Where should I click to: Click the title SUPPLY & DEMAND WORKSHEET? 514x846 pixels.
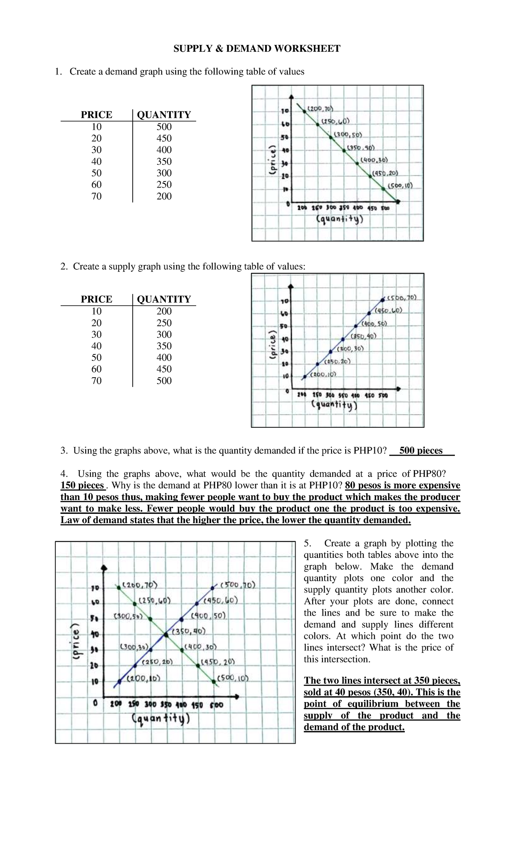point(257,48)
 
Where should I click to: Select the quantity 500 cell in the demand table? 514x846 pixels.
point(164,127)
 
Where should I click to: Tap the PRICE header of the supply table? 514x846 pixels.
point(96,299)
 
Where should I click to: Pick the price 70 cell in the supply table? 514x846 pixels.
point(96,381)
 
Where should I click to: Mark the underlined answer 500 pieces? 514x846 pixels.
point(421,450)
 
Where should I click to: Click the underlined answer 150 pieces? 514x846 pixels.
point(82,485)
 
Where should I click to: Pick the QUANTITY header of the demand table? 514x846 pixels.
point(164,115)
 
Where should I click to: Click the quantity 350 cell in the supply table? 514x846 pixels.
point(164,346)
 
